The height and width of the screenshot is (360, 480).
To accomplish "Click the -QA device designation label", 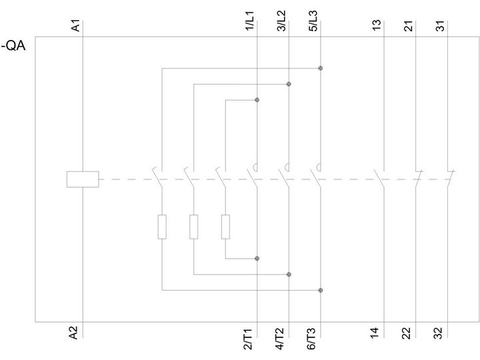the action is coord(13,46).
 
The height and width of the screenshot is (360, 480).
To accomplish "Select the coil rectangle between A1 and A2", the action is coord(83,179).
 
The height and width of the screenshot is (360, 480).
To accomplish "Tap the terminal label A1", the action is coord(75,25).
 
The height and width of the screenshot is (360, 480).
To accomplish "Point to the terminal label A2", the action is coord(74,333).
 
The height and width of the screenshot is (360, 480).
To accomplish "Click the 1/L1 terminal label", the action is coord(250,21).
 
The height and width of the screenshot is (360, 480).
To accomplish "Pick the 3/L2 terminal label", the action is coord(281,21).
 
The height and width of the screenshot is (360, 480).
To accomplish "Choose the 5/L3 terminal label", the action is coord(313,21).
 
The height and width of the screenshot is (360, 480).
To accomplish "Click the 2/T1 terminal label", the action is coord(248,339).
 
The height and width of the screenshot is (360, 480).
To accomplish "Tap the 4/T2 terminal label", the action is coord(280,339).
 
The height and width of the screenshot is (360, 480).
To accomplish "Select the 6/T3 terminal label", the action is coord(311,339).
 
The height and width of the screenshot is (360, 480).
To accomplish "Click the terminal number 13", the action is coord(377,25).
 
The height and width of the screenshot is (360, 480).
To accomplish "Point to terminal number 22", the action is coord(406,333).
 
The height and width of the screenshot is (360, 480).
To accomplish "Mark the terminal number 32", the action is coord(438,333).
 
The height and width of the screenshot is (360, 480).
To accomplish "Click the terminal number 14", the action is coord(375,333).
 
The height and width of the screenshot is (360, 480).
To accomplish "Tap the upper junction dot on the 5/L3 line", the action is coord(321,68).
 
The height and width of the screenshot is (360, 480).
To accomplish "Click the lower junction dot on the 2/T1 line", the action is coord(257,259).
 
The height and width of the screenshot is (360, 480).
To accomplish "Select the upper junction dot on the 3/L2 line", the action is coord(289,84).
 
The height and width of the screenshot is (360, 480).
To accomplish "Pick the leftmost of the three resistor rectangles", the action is coord(162,227).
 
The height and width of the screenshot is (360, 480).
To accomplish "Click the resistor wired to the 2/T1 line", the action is coord(225,227).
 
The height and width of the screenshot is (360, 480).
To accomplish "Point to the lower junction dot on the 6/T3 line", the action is coord(321,290).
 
